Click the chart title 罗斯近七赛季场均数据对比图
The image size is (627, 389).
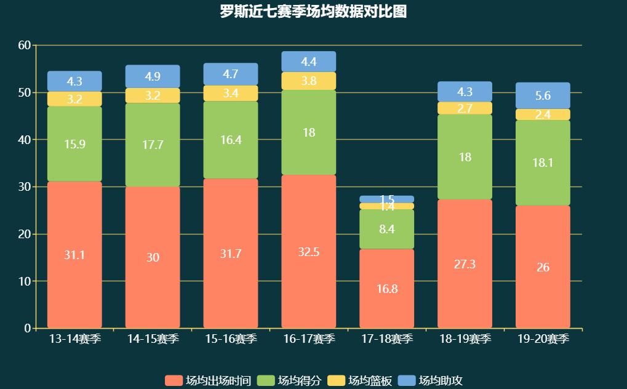313,12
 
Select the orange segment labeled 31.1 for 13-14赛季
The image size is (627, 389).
74,254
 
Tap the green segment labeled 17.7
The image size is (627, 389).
153,145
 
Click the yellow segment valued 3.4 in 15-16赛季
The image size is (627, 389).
231,94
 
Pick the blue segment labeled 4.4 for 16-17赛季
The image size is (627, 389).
309,62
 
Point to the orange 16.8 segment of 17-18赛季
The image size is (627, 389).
387,288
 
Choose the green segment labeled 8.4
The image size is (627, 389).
387,229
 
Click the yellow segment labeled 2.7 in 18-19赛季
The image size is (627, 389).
465,108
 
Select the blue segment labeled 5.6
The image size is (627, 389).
543,95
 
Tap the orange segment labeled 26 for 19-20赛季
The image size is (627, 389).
543,267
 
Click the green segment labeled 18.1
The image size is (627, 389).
543,162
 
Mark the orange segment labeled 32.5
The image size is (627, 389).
309,252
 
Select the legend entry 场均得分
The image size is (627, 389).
289,380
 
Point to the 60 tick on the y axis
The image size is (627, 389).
25,46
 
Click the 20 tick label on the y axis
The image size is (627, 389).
25,234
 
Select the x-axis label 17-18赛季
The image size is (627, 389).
387,339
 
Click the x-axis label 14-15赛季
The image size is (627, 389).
153,339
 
